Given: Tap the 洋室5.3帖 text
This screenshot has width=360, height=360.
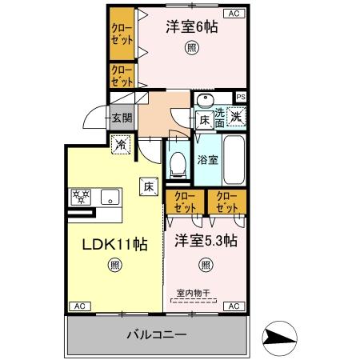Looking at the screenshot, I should (x=206, y=241).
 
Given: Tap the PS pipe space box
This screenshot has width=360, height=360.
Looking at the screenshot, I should (x=241, y=98).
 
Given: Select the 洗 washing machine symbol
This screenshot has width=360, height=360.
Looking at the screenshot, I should (x=237, y=117).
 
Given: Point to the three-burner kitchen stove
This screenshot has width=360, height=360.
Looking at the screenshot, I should (x=82, y=197).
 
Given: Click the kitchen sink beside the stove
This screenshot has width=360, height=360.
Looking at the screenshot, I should (x=109, y=197).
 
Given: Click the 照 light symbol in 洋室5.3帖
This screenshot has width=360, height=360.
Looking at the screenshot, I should (x=206, y=265).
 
